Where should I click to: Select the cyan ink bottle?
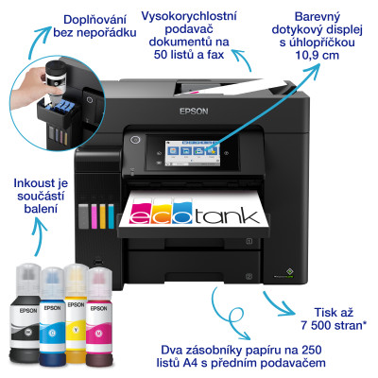pos(51,311)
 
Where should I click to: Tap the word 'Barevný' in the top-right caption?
pos(318,17)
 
